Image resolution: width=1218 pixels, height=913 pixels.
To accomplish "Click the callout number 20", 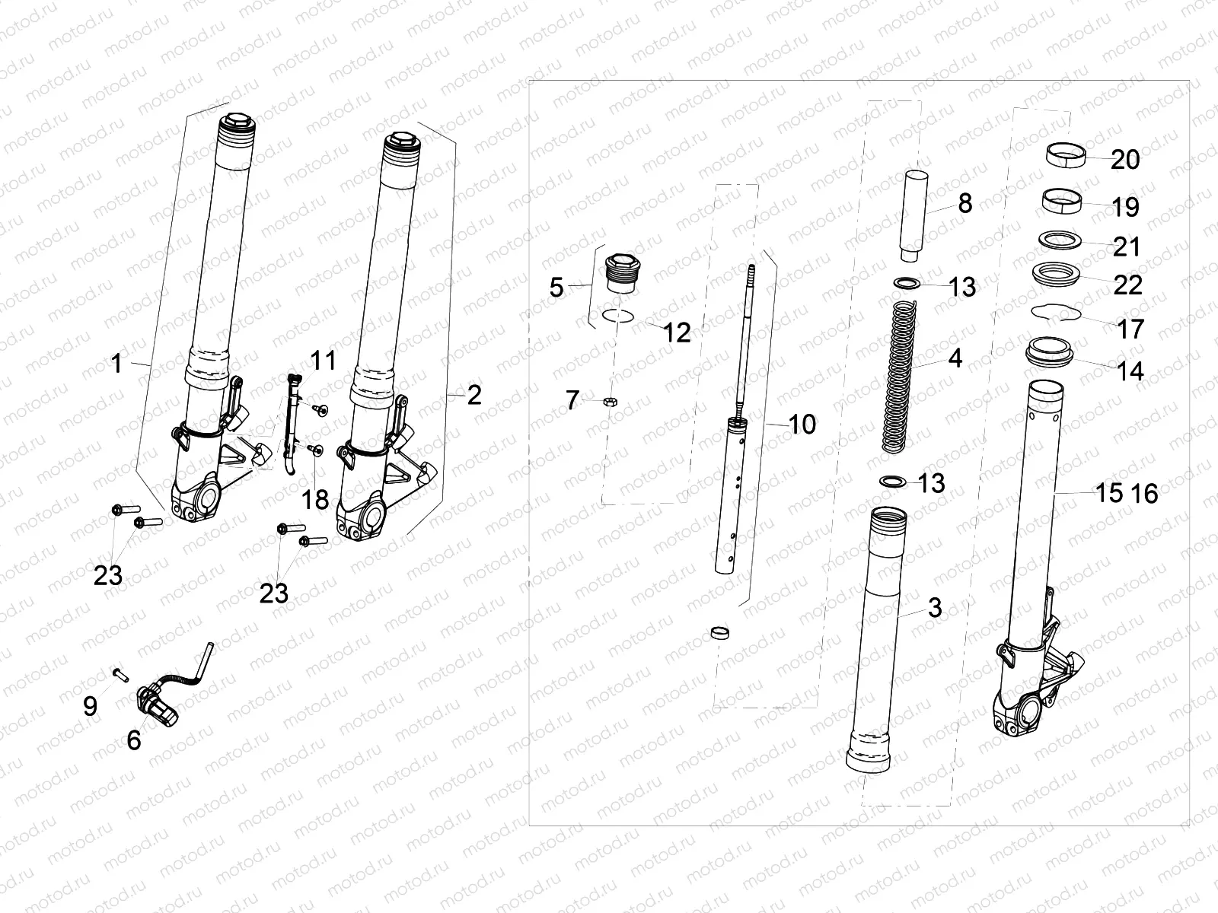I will coord(1125,160).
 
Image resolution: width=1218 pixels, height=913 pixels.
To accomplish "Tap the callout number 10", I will coord(802,425).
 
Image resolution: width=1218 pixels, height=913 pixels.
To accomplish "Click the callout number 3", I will coord(934,607).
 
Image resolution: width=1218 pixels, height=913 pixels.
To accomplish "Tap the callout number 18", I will coord(314,500).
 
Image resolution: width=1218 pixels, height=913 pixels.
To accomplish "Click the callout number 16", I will coord(1143,493).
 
